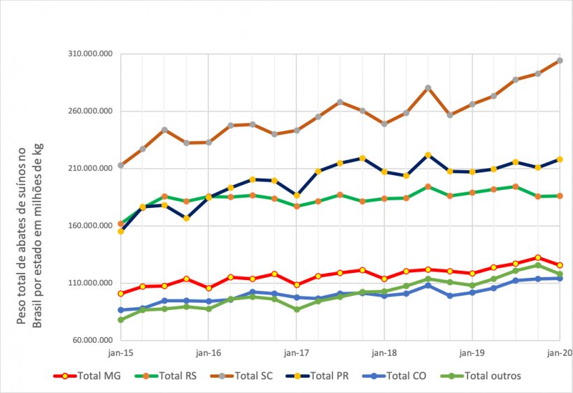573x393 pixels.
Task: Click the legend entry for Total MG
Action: point(88,376)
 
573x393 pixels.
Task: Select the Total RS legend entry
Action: point(165,376)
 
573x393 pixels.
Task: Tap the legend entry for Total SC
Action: point(241,376)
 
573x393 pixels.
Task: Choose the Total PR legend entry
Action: point(317,376)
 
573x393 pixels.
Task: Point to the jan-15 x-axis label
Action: point(121,353)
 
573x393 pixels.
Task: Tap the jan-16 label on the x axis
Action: point(208,353)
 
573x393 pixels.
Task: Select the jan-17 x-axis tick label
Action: point(296,353)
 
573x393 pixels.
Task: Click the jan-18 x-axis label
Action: point(384,353)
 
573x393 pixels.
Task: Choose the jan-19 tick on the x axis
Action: point(472,353)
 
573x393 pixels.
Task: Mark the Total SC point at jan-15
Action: point(121,165)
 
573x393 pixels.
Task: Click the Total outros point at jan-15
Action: point(121,320)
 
